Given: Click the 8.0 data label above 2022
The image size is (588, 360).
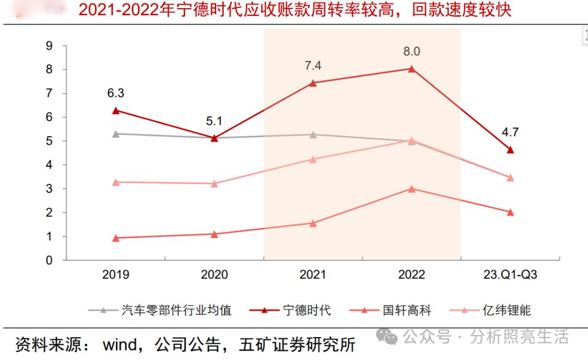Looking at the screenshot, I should [412, 52].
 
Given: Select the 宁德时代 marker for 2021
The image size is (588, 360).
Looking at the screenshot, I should [313, 83].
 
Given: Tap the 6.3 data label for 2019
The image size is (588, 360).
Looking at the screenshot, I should [115, 93].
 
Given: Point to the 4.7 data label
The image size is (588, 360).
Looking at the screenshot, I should [510, 131].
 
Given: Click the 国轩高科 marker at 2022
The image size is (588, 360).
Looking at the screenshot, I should [412, 189].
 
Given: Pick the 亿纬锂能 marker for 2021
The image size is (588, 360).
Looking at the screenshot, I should [313, 160].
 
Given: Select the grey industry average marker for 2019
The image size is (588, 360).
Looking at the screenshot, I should [115, 133].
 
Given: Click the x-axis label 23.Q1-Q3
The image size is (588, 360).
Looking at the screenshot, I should [510, 274].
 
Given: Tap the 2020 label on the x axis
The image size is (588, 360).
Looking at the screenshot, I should [214, 274].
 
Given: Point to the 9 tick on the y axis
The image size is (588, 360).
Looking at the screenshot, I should [49, 46].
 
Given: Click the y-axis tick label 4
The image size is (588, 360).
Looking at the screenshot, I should [49, 165].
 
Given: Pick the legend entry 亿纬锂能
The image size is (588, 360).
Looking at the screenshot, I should [506, 310].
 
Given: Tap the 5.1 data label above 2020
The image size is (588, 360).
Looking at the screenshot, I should [214, 121].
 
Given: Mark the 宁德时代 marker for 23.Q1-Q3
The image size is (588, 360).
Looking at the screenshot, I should [510, 150].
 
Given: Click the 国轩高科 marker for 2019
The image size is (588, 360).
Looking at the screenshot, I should [115, 238].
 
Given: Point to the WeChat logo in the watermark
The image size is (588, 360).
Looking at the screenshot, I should [390, 337].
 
